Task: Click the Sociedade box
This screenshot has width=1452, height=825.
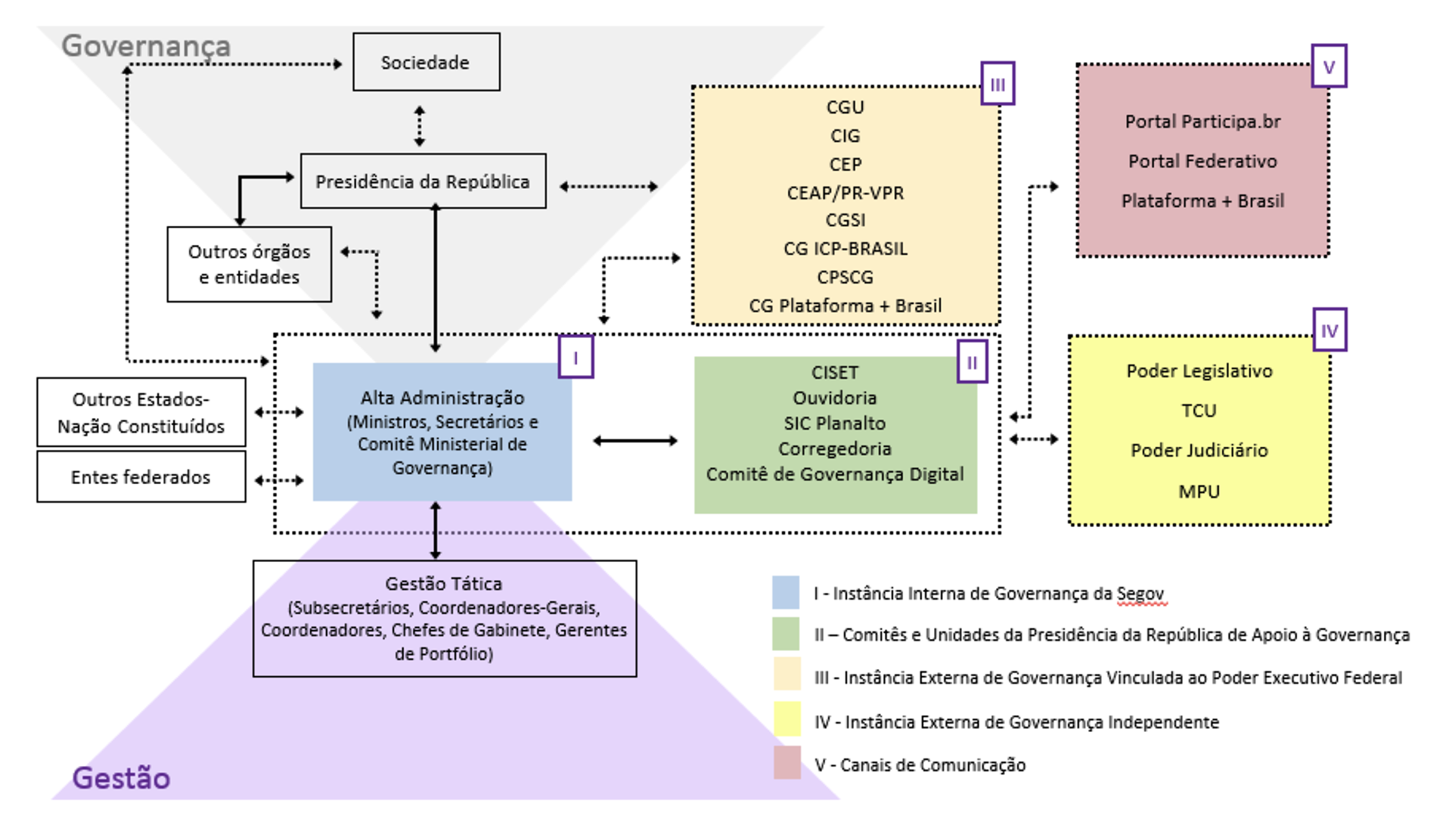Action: click(426, 62)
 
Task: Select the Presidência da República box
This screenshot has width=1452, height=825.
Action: click(423, 181)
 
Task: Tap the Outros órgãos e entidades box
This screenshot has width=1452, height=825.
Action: click(249, 264)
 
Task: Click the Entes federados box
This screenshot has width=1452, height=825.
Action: click(141, 477)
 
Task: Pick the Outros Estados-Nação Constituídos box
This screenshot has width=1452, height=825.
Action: click(141, 412)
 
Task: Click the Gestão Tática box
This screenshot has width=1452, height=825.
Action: click(444, 618)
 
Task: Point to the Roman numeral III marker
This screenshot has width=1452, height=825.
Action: click(997, 84)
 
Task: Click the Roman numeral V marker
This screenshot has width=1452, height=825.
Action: click(1329, 67)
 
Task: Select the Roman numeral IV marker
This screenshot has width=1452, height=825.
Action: click(1329, 330)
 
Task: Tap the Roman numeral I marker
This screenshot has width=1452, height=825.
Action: click(576, 357)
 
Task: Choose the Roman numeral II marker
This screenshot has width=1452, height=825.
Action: click(972, 363)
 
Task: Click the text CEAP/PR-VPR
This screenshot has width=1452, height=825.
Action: click(845, 193)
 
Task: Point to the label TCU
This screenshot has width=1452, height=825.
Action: click(1199, 411)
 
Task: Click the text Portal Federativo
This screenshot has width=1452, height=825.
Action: click(1202, 161)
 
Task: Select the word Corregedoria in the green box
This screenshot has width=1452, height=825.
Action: click(834, 448)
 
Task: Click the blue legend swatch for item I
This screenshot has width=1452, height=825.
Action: click(785, 593)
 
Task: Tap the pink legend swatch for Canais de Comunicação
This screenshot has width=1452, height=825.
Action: click(786, 763)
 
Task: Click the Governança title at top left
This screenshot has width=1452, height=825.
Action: click(145, 46)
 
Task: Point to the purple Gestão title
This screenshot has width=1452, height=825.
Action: click(121, 778)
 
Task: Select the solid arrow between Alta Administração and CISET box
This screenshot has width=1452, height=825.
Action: click(634, 441)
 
